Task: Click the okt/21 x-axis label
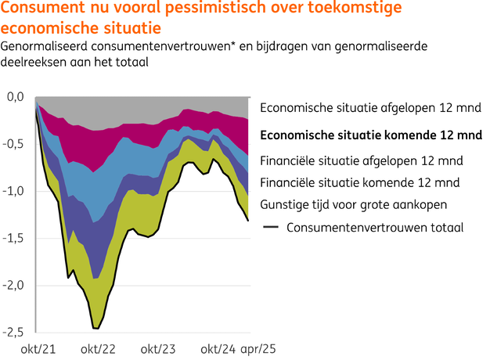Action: click(38, 348)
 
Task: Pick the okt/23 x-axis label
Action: click(160, 348)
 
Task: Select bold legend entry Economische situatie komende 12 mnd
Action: click(370, 135)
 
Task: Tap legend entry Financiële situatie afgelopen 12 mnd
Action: click(362, 161)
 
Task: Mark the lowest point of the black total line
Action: click(95, 328)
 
